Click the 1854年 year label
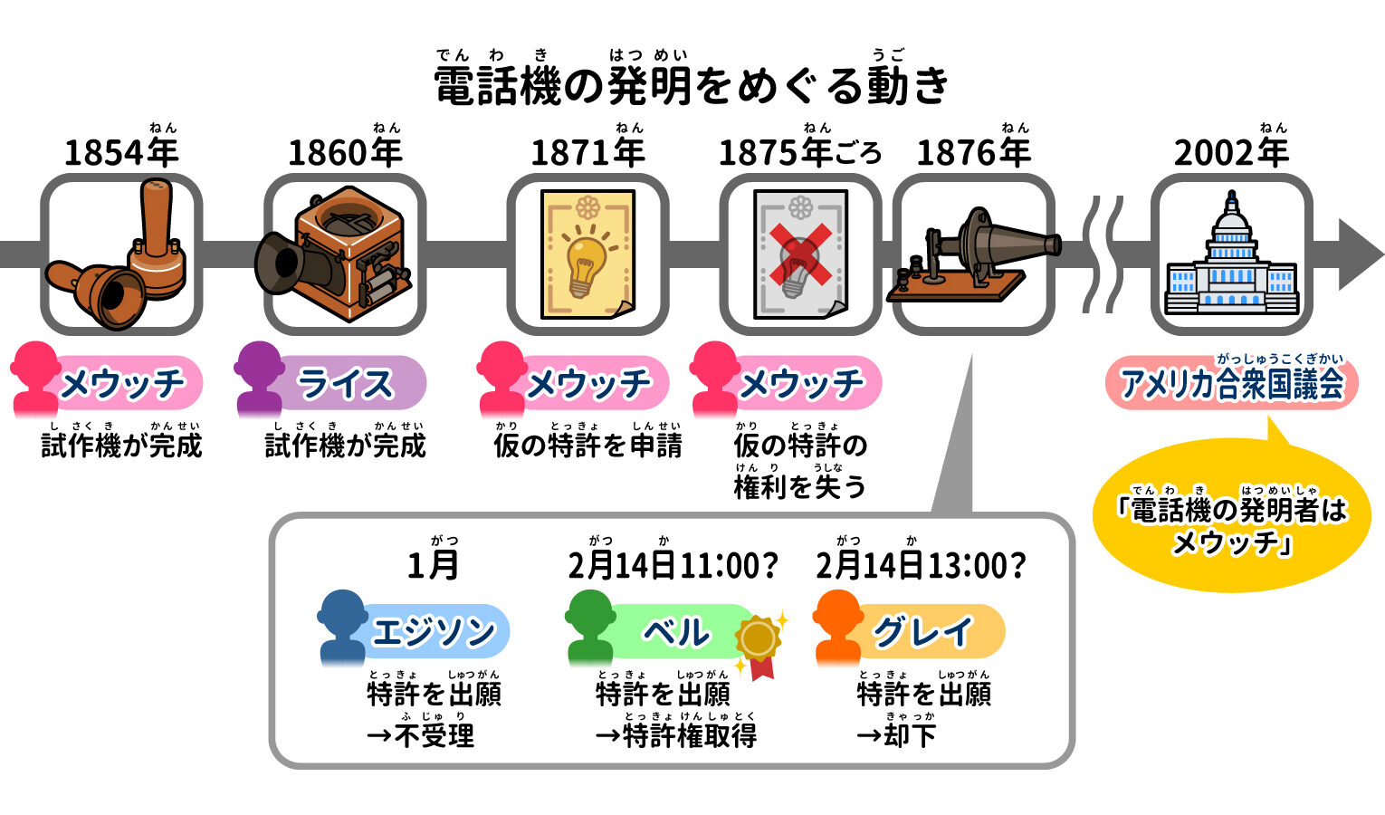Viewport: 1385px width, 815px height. [121, 152]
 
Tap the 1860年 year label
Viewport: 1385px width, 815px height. [345, 152]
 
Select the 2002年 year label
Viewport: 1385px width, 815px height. [1231, 152]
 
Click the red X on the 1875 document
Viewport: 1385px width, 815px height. [801, 255]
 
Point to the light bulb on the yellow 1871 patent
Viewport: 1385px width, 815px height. [586, 258]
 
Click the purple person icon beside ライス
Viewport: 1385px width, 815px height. [259, 377]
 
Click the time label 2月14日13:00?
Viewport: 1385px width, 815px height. [921, 566]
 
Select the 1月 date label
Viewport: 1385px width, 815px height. [433, 566]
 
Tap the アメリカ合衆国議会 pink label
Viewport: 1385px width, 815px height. [1231, 384]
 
